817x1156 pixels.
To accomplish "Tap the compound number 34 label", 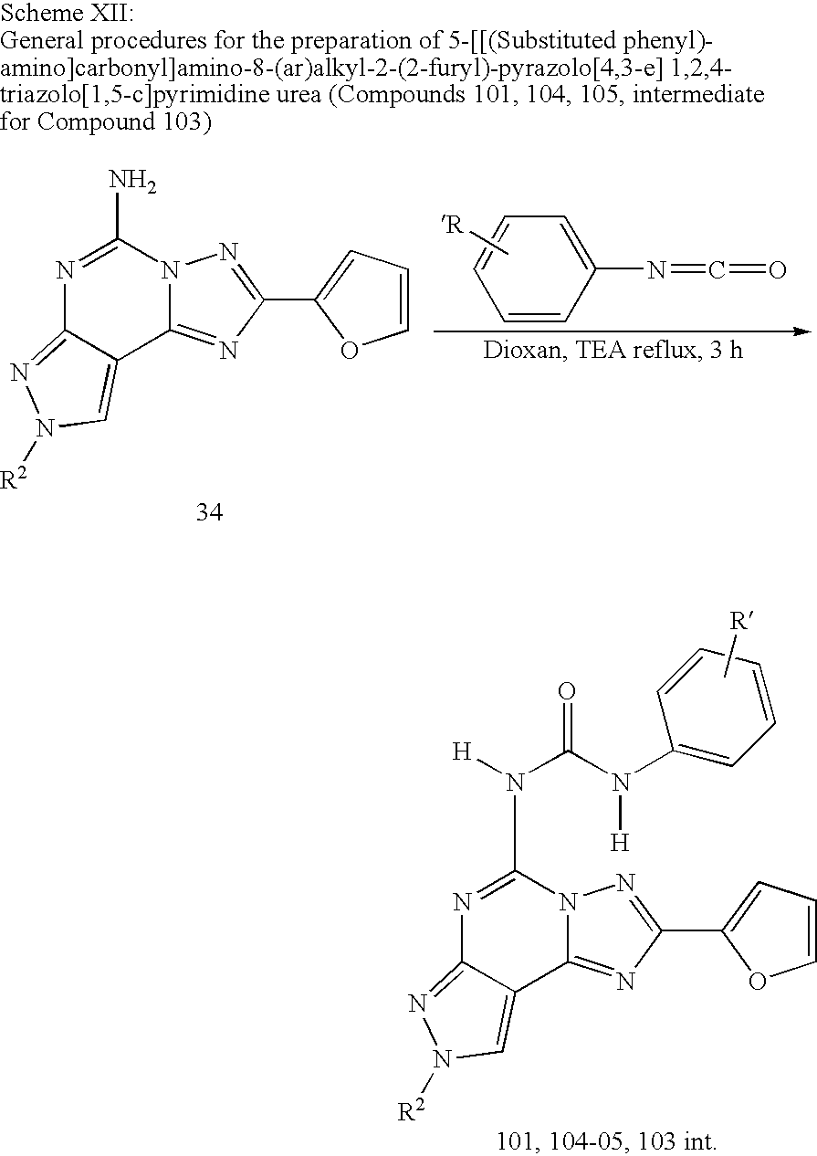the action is (x=210, y=513).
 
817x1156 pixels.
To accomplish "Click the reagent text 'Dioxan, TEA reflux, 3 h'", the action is (x=613, y=350).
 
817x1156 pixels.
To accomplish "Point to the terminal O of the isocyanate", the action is (x=777, y=272).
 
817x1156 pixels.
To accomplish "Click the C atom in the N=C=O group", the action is (x=717, y=272).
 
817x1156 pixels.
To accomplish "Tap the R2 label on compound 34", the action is (x=16, y=479).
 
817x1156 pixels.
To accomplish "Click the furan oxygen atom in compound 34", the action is (x=349, y=351).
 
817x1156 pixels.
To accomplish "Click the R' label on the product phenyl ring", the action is (x=741, y=625).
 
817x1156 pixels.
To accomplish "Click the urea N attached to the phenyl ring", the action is (x=621, y=783).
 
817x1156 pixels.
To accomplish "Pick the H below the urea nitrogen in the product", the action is (x=620, y=841).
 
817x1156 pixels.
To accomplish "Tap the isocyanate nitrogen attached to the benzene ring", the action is (x=655, y=272).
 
